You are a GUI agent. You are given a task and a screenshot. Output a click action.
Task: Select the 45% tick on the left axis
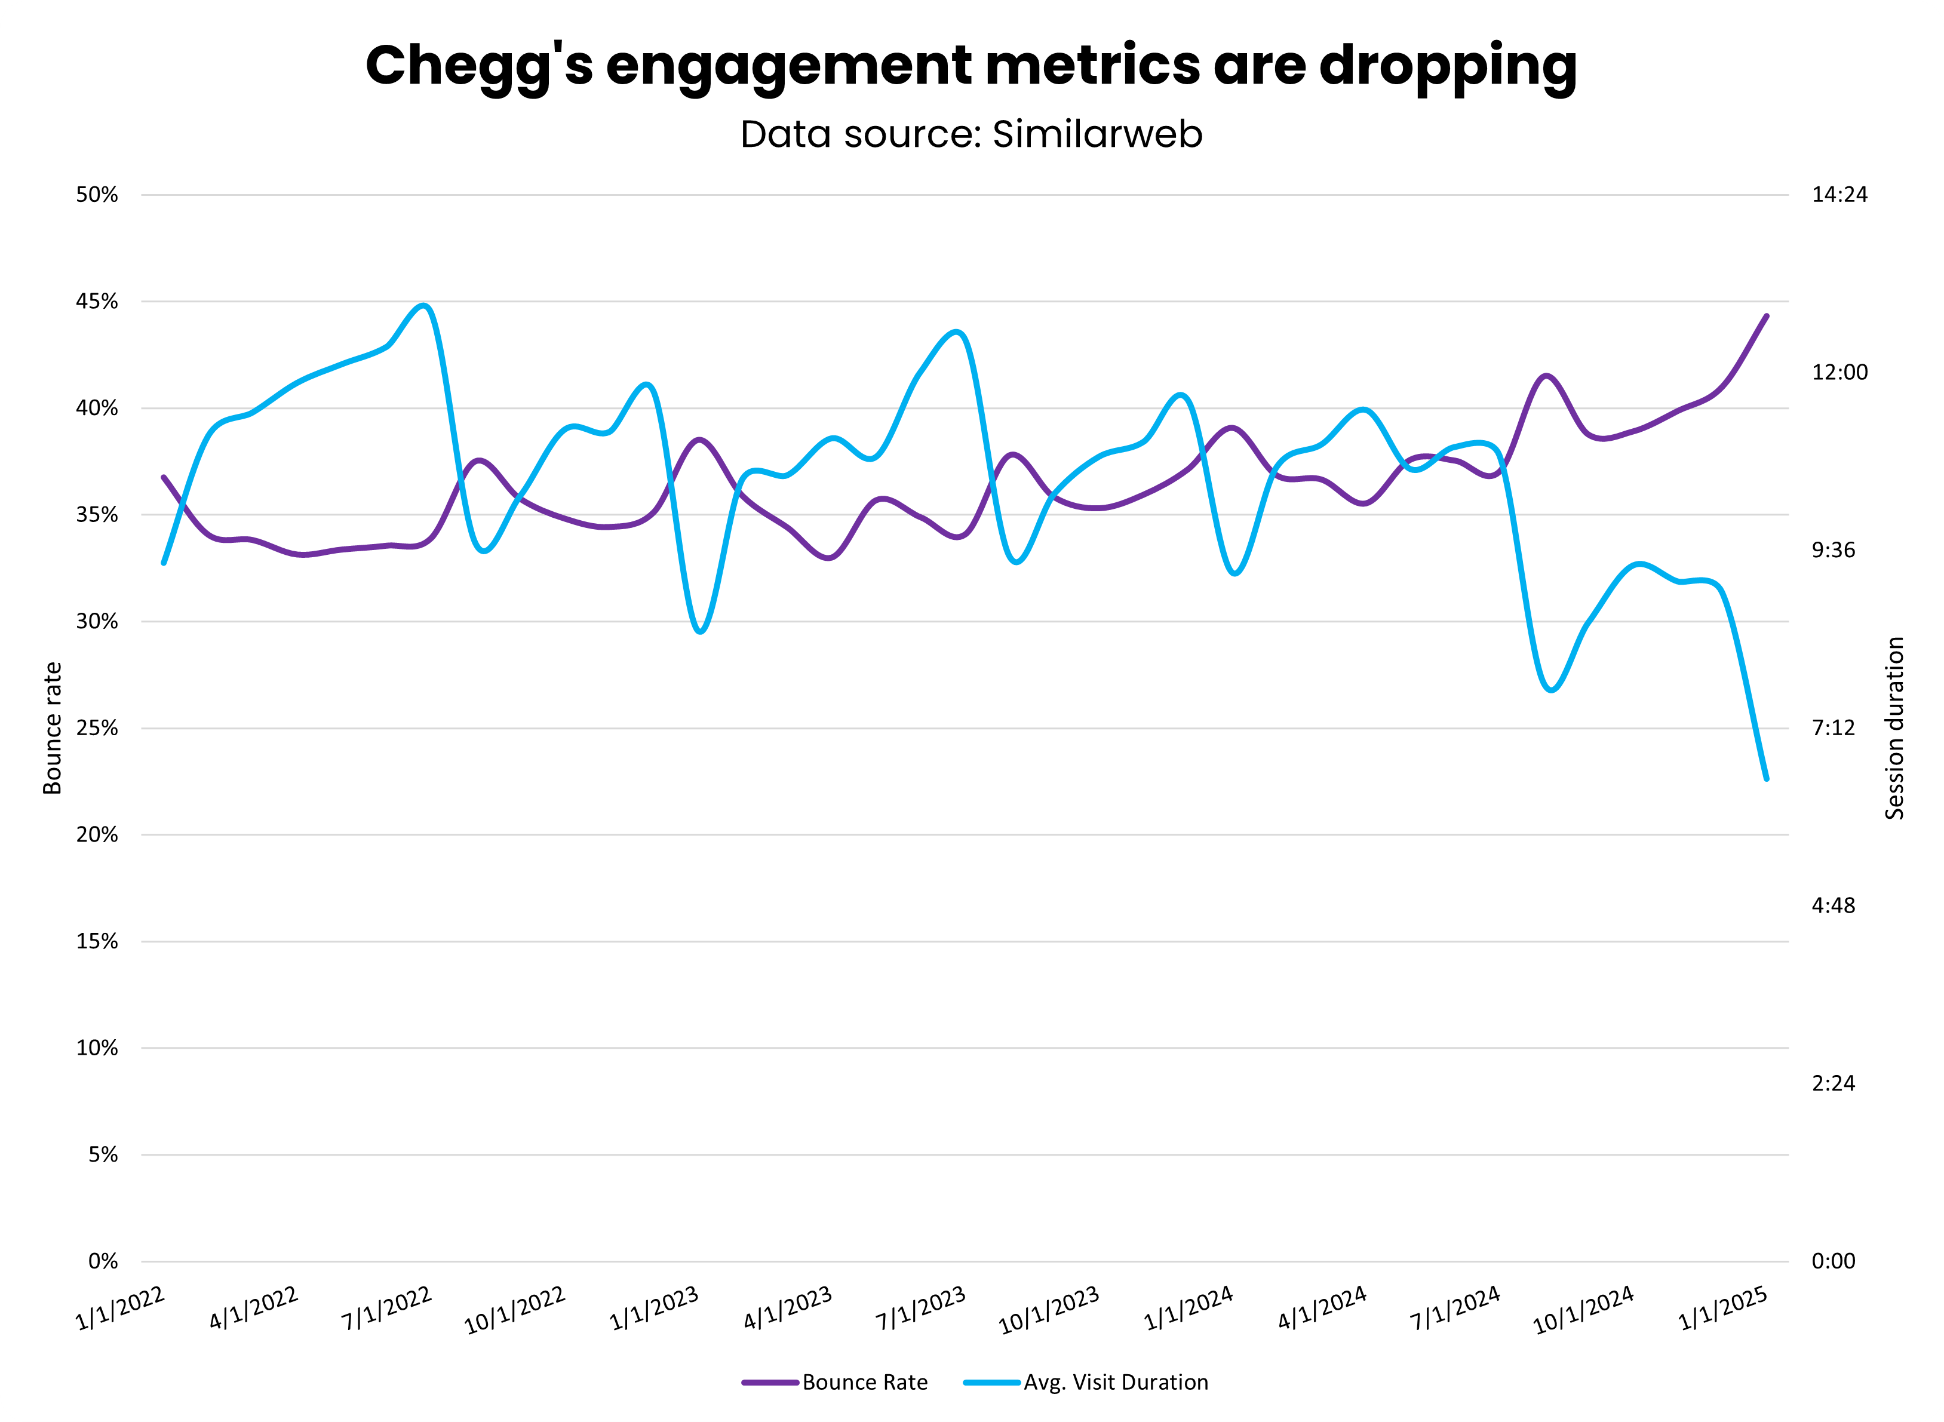(x=96, y=301)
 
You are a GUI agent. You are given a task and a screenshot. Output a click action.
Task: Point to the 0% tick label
(x=102, y=1261)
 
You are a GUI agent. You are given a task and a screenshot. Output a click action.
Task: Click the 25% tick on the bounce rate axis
(x=96, y=728)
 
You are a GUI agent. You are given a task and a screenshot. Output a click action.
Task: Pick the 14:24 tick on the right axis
(x=1839, y=195)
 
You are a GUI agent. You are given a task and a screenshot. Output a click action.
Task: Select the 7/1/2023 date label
(x=921, y=1309)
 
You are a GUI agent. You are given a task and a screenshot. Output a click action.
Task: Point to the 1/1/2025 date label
(x=1723, y=1309)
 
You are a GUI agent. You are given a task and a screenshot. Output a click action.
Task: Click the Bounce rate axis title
(x=53, y=728)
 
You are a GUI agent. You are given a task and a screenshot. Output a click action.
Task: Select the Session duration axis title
(x=1894, y=728)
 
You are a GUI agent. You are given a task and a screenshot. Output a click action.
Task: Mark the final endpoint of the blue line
(x=1767, y=779)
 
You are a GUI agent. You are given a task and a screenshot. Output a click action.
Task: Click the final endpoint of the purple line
(x=1767, y=316)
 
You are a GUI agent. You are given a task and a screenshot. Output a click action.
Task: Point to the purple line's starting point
(x=164, y=477)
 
